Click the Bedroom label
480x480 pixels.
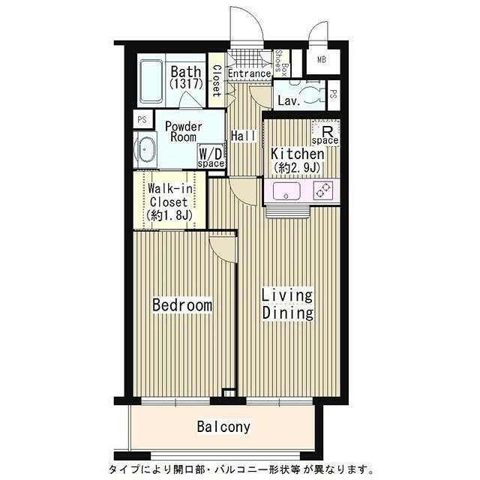pos(182,305)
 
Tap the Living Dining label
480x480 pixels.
pos(288,304)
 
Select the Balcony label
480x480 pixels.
pos(223,427)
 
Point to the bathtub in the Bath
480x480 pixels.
pos(151,81)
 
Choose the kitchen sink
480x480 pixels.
pos(286,191)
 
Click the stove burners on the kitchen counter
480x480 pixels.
pos(323,190)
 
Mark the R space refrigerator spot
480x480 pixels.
pos(325,133)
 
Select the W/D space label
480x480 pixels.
pos(211,157)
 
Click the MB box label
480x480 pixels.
pos(322,60)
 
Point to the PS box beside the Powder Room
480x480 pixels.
pos(142,119)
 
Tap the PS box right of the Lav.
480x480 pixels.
pos(334,95)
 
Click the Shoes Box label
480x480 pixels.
pos(282,64)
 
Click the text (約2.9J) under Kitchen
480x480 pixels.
pos(297,168)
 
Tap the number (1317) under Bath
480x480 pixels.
pos(187,83)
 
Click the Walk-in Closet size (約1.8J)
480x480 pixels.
pos(169,215)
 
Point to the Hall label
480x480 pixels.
pos(243,136)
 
